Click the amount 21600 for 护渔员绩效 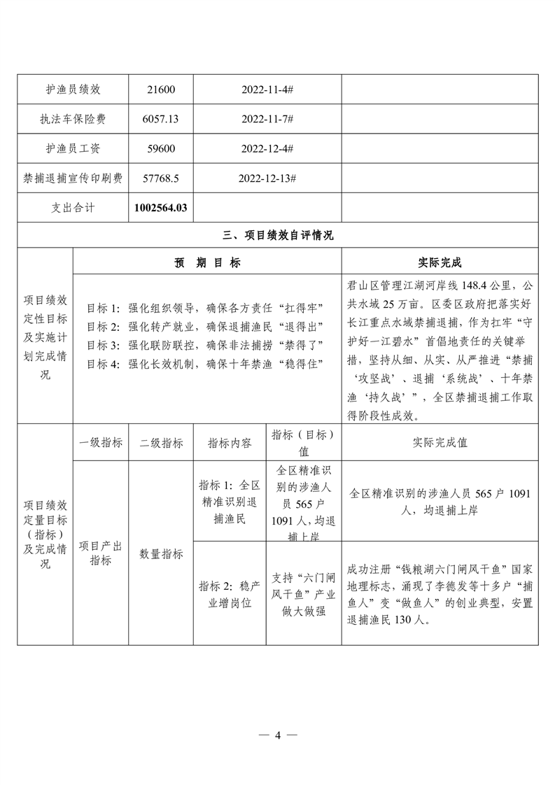[x=161, y=90]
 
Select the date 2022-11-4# [x=267, y=90]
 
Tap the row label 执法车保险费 [x=73, y=120]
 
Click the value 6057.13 [x=161, y=120]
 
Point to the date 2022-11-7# [x=267, y=120]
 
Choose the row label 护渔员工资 [x=73, y=149]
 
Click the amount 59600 [x=161, y=149]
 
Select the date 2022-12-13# [x=267, y=179]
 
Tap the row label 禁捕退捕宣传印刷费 [x=73, y=179]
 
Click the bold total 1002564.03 [x=161, y=208]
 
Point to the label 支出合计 [x=73, y=208]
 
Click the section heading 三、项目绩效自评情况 [x=278, y=236]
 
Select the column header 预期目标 [x=207, y=262]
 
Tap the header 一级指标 [x=101, y=442]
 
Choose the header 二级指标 [x=161, y=442]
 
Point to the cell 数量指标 [x=161, y=554]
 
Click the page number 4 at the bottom [x=278, y=735]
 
